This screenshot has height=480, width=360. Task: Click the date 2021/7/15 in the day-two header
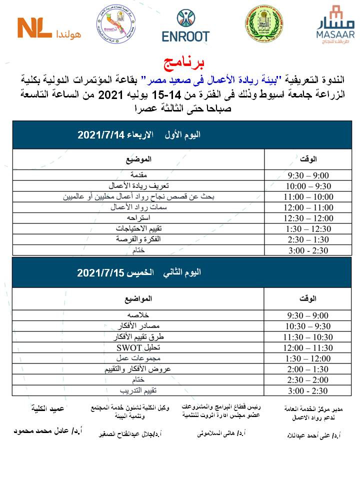click(x=99, y=273)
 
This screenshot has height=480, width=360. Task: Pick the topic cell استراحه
click(x=138, y=218)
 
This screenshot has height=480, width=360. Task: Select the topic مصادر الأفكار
click(x=138, y=326)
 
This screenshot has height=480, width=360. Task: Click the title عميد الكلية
click(x=46, y=408)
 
